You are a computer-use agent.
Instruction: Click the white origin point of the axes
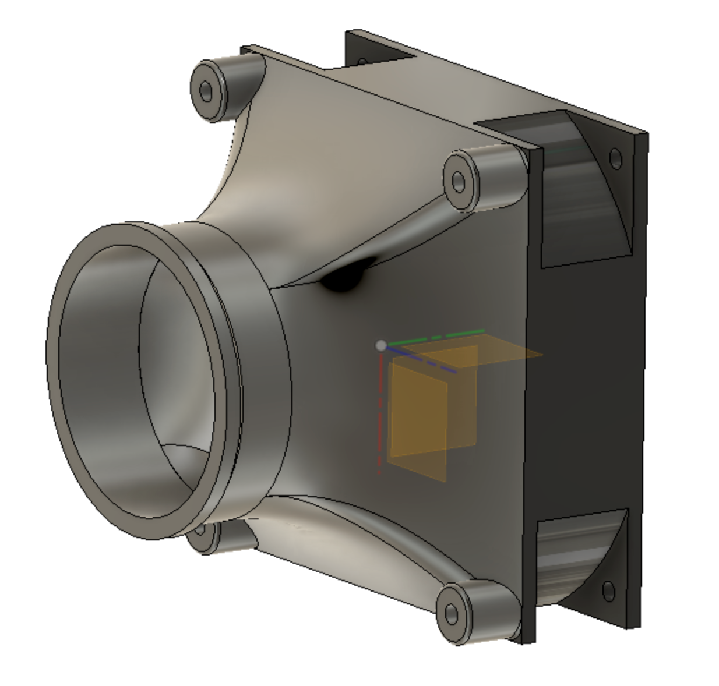pos(381,346)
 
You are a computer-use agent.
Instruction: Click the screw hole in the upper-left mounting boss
pos(206,90)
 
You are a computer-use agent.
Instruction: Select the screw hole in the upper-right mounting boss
pos(459,181)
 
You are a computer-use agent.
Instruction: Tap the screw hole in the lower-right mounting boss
pos(452,614)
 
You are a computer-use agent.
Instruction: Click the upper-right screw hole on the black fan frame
pos(615,158)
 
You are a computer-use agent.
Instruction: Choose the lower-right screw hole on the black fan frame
pos(608,590)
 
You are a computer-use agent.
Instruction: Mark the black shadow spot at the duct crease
pos(344,278)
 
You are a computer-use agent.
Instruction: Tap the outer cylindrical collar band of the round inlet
pos(262,373)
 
